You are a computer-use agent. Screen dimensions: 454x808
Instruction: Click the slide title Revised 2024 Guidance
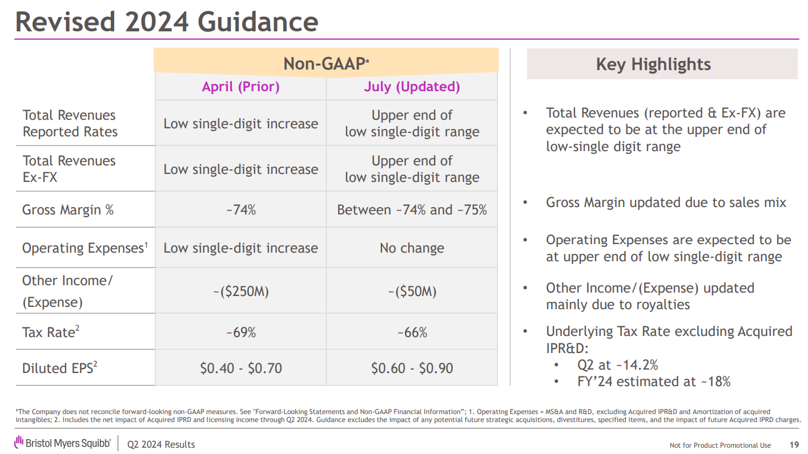(x=166, y=22)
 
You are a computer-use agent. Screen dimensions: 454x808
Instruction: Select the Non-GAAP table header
(x=326, y=64)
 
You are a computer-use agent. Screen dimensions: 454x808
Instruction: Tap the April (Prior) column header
(x=240, y=87)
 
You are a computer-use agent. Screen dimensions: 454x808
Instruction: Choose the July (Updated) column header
(x=412, y=87)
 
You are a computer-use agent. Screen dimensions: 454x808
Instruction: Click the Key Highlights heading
(x=653, y=64)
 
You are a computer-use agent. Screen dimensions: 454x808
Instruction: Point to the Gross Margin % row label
(x=68, y=210)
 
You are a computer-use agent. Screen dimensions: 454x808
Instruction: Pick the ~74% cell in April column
(x=240, y=210)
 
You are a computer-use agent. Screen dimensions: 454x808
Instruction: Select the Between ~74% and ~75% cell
(x=412, y=210)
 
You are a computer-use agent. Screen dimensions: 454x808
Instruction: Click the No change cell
(x=412, y=248)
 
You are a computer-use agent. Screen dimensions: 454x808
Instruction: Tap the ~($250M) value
(x=240, y=292)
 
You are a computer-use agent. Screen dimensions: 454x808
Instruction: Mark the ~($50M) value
(x=412, y=292)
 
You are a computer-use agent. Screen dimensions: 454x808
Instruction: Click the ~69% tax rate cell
(x=240, y=333)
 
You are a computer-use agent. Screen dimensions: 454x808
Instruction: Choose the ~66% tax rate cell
(x=412, y=333)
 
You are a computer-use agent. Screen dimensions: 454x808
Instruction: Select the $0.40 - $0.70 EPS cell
(x=240, y=368)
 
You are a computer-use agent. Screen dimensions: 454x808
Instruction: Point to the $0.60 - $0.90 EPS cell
(x=412, y=368)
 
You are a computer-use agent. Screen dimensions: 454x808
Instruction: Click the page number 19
(x=794, y=445)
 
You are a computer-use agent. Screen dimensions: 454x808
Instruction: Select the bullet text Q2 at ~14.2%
(x=618, y=365)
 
